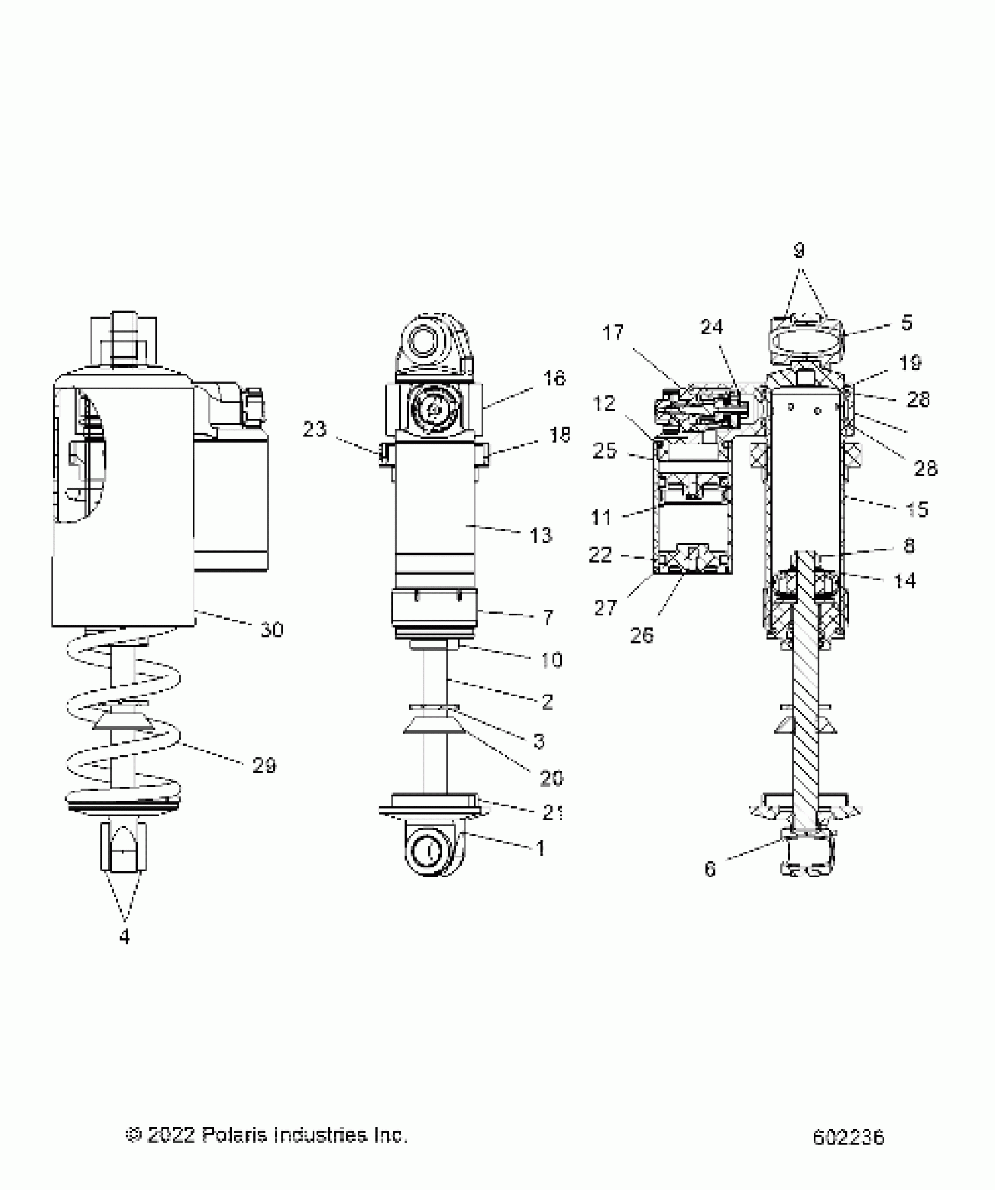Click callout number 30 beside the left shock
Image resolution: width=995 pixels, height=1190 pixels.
(272, 630)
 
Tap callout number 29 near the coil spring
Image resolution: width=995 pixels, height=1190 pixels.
(264, 765)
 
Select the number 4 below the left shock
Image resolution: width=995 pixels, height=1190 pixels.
(124, 937)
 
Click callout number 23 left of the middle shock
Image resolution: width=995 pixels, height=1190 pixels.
(314, 429)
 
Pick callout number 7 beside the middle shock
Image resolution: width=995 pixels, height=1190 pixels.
(548, 617)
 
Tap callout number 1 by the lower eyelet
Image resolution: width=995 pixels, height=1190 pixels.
(540, 848)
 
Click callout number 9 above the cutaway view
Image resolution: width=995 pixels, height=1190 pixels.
(798, 251)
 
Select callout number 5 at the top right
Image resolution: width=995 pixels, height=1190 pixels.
(906, 323)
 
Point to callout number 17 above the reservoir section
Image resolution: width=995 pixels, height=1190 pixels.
(613, 333)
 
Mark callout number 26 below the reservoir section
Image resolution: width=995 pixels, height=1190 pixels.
(641, 635)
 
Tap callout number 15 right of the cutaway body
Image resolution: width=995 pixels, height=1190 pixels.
(917, 509)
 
